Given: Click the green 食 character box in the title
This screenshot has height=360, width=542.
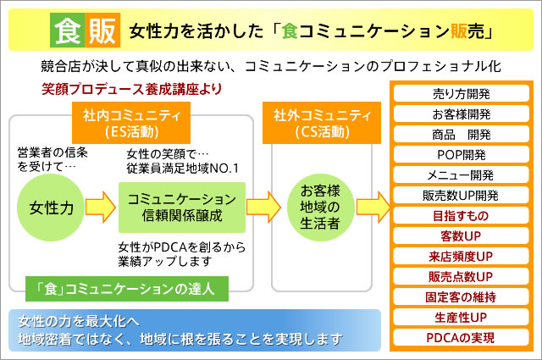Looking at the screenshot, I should point(65,30).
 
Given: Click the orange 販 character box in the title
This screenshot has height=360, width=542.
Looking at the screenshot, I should point(102,30).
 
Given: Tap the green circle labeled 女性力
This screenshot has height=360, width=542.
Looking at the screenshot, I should point(48,207).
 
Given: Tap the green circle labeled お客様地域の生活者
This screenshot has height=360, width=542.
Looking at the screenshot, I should point(320,207).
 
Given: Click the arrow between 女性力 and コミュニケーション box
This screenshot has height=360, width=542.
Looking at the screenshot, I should point(99,207).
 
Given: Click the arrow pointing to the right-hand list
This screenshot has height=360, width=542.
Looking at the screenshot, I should point(372,207).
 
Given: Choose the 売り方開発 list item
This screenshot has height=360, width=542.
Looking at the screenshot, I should point(462,93).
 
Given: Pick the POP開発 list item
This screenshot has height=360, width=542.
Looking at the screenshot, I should point(462,154).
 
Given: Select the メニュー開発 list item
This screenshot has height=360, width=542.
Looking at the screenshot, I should point(462,174).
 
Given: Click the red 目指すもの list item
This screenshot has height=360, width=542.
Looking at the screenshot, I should point(462,215).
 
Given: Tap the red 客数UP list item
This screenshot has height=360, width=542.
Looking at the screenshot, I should point(462,235).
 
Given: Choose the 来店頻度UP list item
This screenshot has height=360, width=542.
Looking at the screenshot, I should point(462,256).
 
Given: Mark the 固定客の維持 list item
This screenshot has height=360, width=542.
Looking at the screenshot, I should point(462,296).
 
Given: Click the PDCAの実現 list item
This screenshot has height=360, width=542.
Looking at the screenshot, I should point(462,337).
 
